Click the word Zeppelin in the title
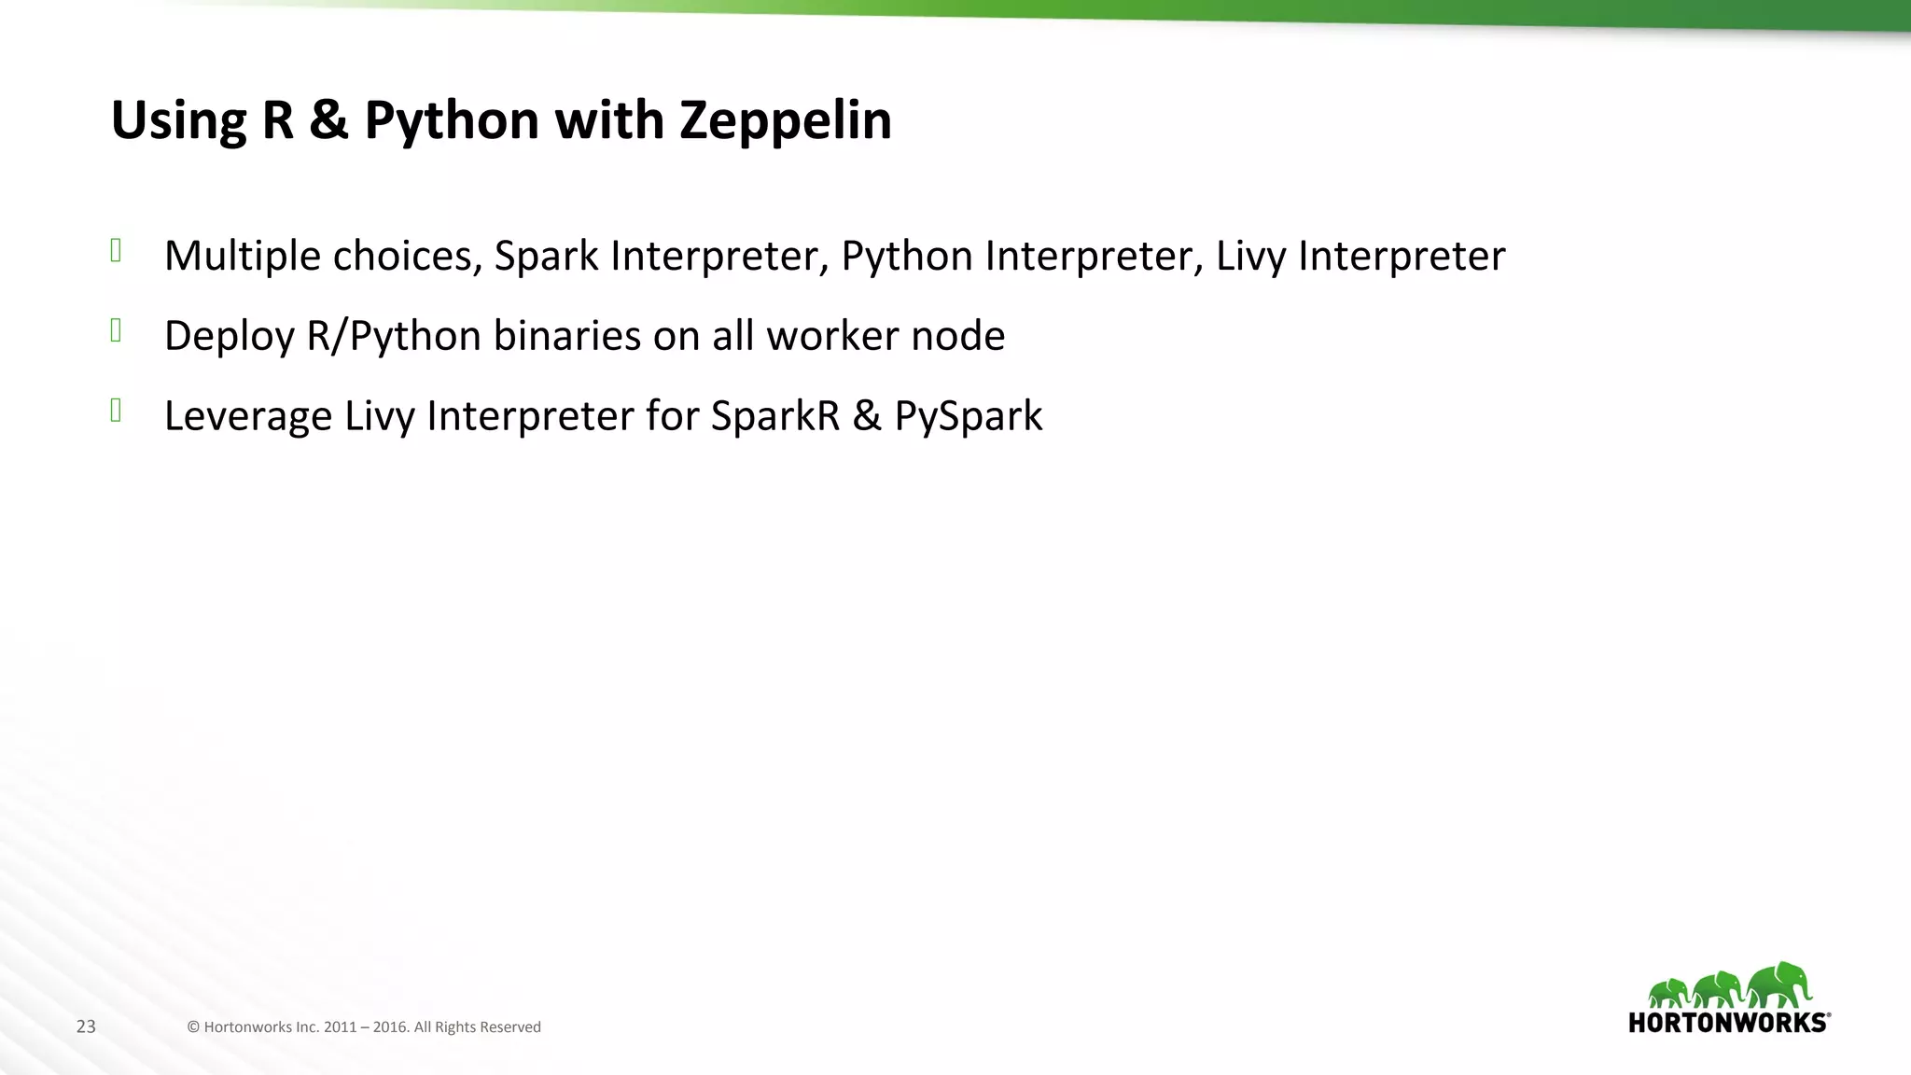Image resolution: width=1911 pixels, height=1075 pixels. [785, 121]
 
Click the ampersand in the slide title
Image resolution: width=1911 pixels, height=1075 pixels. [328, 121]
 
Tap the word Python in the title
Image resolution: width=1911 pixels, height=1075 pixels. [452, 121]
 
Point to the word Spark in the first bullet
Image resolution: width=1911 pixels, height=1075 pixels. [546, 256]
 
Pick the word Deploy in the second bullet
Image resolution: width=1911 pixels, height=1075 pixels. [229, 336]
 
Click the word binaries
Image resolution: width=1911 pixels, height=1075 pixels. [566, 336]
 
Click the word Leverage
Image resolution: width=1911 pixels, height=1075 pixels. [247, 416]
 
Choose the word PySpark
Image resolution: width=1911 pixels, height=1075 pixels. [968, 416]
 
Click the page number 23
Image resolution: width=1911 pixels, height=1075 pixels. [86, 1026]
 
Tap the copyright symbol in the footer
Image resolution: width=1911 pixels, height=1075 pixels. [193, 1026]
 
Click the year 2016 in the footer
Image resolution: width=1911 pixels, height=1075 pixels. [390, 1026]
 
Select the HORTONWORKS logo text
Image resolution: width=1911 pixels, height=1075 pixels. [1728, 1023]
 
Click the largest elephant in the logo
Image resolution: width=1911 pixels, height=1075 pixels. [1780, 984]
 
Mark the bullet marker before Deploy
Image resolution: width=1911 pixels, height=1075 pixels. [117, 330]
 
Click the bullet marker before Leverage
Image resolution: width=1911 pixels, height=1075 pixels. [117, 411]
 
